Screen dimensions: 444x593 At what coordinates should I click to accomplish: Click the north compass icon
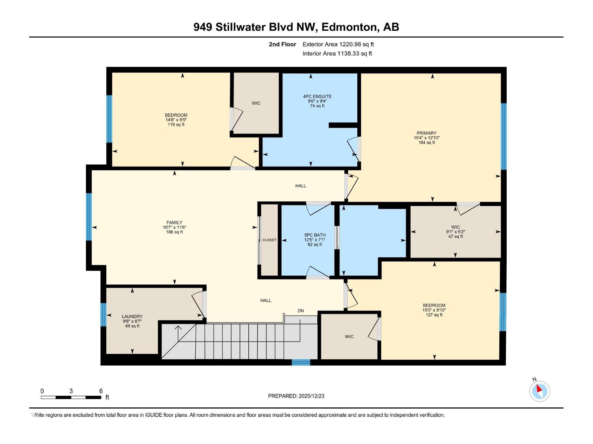point(540,391)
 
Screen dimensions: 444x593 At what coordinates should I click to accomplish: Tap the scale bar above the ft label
point(71,397)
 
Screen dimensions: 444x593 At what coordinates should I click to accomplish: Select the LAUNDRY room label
point(132,316)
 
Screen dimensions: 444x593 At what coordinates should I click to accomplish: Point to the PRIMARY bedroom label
point(427,133)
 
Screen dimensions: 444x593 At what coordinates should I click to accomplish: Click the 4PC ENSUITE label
point(317,97)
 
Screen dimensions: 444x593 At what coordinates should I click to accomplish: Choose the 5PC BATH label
point(315,235)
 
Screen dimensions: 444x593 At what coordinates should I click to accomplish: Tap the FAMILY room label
point(174,223)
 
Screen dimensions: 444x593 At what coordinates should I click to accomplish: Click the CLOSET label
point(269,240)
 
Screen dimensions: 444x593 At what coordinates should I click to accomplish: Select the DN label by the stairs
point(301,311)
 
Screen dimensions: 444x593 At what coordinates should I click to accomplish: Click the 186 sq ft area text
point(174,232)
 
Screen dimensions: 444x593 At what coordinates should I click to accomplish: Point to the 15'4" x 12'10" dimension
point(427,138)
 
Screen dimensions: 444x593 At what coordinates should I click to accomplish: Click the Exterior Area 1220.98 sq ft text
point(338,44)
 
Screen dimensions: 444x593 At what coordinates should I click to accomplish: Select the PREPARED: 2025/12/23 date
point(296,396)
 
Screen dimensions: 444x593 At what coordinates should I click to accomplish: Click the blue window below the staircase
point(301,362)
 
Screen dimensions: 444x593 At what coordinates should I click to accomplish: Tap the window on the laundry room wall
point(103,314)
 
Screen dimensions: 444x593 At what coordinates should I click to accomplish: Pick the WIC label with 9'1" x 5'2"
point(455,227)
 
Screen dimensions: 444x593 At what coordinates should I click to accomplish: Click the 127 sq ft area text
point(434,315)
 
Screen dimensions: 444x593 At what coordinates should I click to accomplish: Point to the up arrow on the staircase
point(178,328)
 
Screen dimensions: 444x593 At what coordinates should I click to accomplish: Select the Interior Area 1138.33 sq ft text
point(337,54)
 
